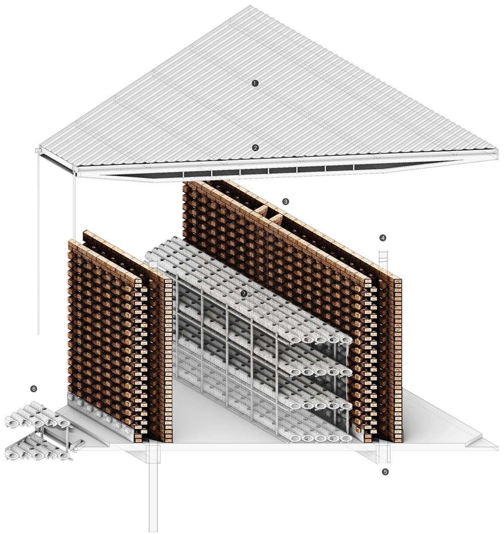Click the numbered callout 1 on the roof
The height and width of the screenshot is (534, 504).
coord(255,83)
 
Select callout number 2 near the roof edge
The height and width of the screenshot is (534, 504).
coord(255,148)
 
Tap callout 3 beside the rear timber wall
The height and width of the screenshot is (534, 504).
coord(286,202)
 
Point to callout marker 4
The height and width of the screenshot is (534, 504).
coord(383,238)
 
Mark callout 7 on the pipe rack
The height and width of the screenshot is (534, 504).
coord(244,294)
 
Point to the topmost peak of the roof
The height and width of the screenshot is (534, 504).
coord(250,5)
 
